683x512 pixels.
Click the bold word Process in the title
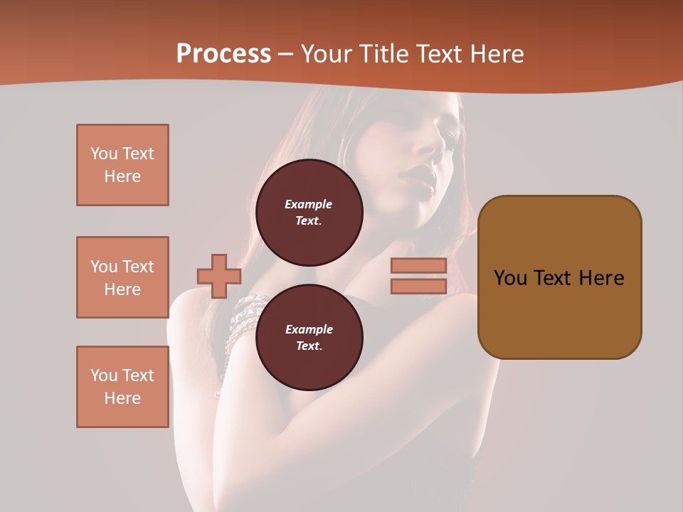[x=223, y=54]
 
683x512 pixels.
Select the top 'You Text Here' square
[x=122, y=165]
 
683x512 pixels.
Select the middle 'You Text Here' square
[x=122, y=277]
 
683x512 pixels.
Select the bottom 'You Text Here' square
[x=122, y=387]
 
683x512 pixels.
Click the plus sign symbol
[x=219, y=276]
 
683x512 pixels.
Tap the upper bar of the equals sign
[x=418, y=266]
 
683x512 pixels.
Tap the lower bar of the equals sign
[x=418, y=287]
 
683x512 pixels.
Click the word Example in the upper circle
[x=309, y=204]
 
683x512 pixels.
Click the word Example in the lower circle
[x=309, y=329]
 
